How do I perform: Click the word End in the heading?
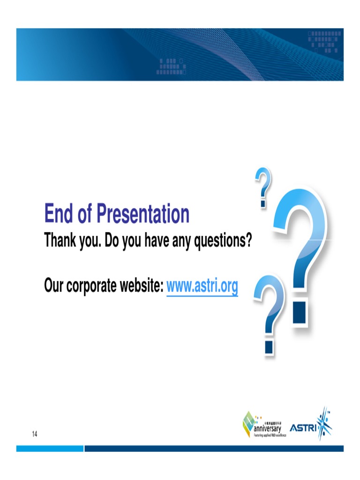[58, 214]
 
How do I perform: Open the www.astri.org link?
[202, 285]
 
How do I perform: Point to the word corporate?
[92, 285]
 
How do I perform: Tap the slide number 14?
[35, 434]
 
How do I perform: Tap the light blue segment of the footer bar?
[50, 449]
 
